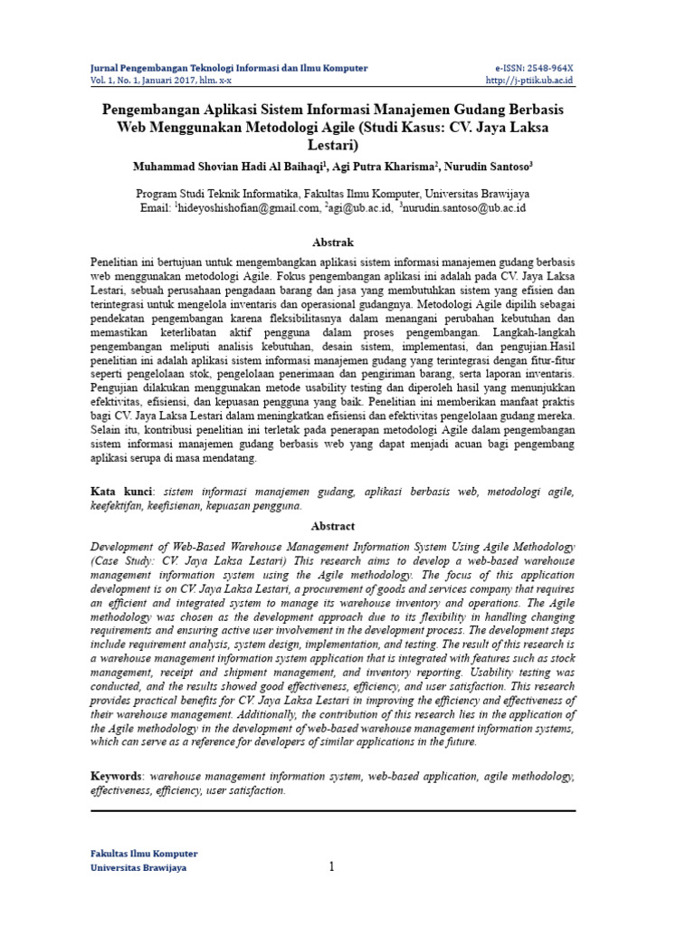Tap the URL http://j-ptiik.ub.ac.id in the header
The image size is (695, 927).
(529, 80)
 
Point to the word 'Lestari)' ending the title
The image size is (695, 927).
(332, 144)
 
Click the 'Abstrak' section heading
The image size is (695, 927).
(332, 243)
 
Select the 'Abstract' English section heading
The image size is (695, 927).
(333, 526)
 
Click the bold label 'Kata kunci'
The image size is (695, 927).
(122, 492)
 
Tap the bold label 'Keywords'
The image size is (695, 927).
(117, 776)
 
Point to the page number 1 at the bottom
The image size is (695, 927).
(332, 867)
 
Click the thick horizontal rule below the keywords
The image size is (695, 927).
(333, 810)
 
